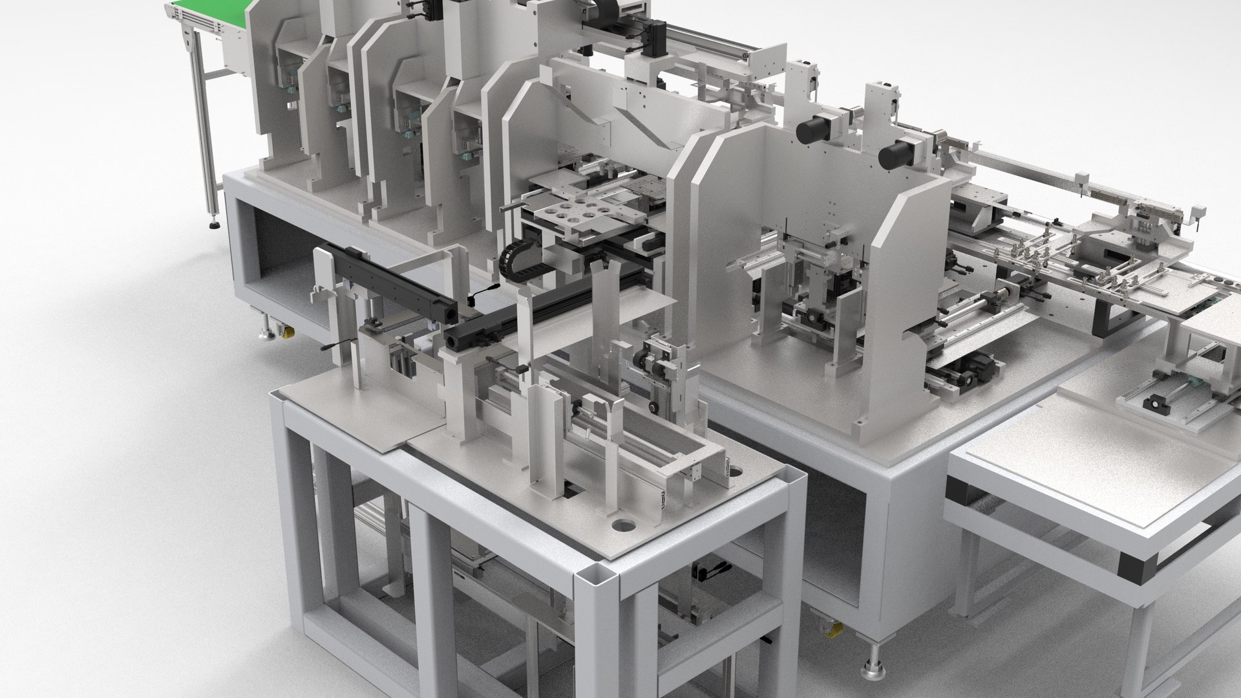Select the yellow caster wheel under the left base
point(285,333)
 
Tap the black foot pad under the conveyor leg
point(213,226)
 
